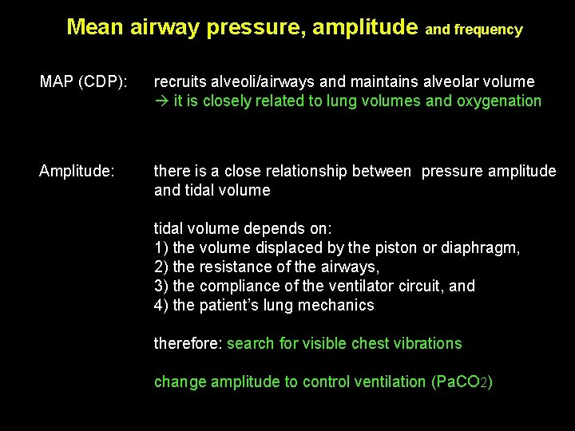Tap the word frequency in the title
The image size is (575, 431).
click(x=488, y=30)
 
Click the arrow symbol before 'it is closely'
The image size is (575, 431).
click(x=161, y=101)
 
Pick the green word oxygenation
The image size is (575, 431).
click(x=499, y=101)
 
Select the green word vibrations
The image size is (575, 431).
click(x=428, y=344)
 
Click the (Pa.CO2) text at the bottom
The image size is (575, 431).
click(x=462, y=382)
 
